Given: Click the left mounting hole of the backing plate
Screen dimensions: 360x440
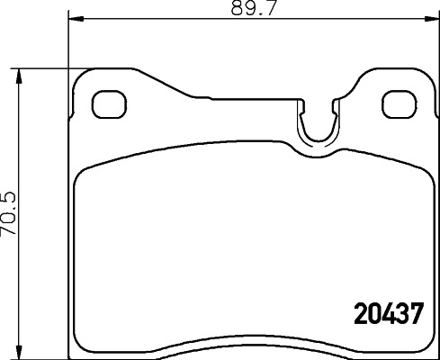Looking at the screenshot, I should [107, 103].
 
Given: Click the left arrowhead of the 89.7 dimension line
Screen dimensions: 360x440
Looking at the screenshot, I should [76, 20].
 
